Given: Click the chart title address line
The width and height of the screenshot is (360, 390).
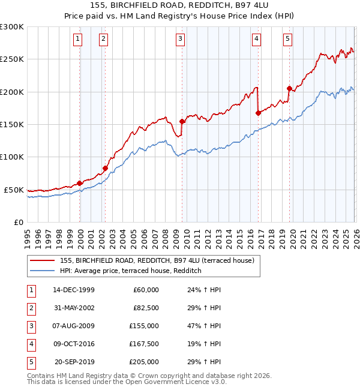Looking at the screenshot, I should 180,5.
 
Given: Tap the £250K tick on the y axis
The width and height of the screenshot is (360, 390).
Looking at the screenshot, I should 12,59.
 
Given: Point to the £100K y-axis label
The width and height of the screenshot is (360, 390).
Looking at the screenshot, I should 12,157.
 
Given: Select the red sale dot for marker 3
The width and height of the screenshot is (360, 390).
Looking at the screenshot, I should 182,121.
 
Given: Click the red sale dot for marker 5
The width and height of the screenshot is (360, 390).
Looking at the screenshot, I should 289,89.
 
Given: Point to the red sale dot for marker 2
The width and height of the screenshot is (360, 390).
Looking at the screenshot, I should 105,169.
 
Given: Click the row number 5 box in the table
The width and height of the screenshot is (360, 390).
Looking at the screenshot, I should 31,361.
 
